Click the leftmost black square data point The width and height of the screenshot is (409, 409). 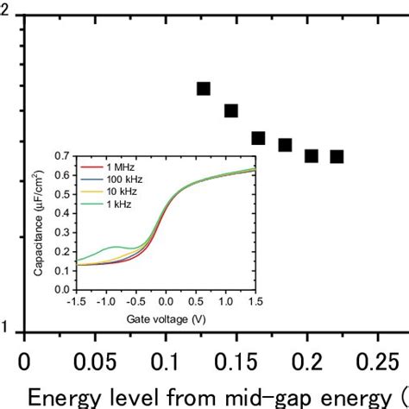(x=204, y=89)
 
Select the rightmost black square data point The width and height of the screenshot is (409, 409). (x=337, y=156)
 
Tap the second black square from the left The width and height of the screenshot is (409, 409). (x=231, y=110)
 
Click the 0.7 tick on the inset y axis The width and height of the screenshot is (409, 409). (x=64, y=157)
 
